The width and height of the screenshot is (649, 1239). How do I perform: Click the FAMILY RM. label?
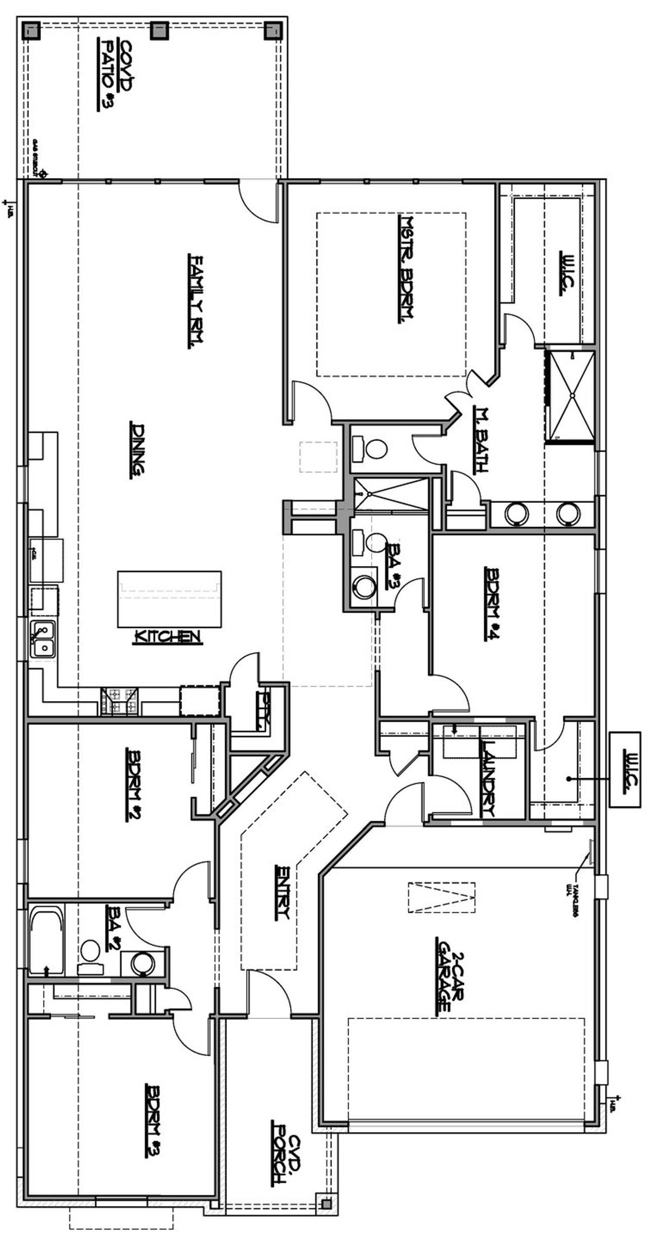196,301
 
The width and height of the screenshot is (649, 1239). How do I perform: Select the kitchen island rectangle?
169,599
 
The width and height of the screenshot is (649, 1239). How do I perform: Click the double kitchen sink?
43,640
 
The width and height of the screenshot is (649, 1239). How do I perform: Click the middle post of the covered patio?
160,30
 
